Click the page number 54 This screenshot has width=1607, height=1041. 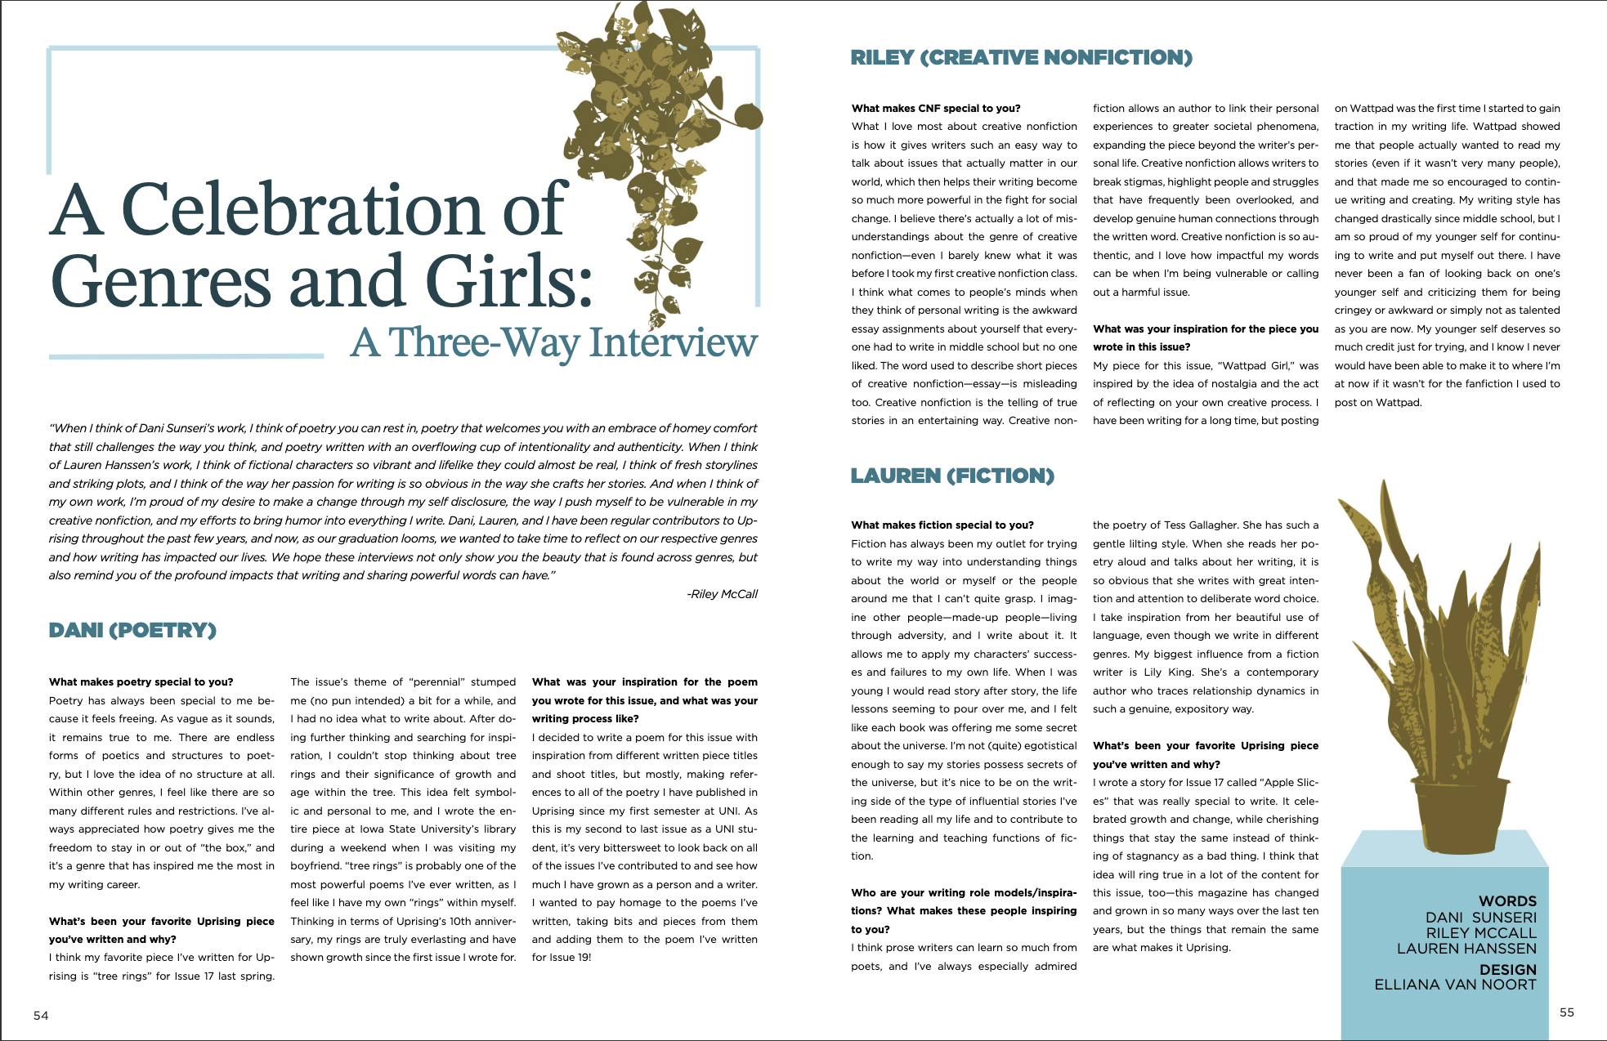click(x=41, y=1016)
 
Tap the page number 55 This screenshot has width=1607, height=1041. click(x=1566, y=1012)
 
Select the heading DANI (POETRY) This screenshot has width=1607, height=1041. click(x=132, y=630)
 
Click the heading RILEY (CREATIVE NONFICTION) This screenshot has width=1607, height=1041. click(x=1021, y=58)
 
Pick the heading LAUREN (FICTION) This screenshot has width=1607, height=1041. click(x=952, y=476)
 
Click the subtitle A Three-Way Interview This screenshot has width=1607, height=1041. click(x=554, y=342)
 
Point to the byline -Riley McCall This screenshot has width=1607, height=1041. click(x=722, y=594)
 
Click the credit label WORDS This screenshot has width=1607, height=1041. click(x=1507, y=901)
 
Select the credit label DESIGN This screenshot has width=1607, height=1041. click(x=1507, y=970)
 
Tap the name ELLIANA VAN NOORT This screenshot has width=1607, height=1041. click(x=1455, y=985)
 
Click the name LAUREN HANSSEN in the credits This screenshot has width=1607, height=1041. click(x=1466, y=949)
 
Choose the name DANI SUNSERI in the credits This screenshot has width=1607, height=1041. click(x=1480, y=918)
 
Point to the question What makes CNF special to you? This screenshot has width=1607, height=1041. click(x=935, y=108)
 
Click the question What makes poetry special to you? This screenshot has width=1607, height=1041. click(x=141, y=681)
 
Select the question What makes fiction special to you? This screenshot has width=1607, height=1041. click(x=942, y=525)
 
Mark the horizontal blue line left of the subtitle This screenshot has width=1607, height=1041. click(x=186, y=356)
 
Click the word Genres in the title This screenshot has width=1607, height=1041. click(x=160, y=281)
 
